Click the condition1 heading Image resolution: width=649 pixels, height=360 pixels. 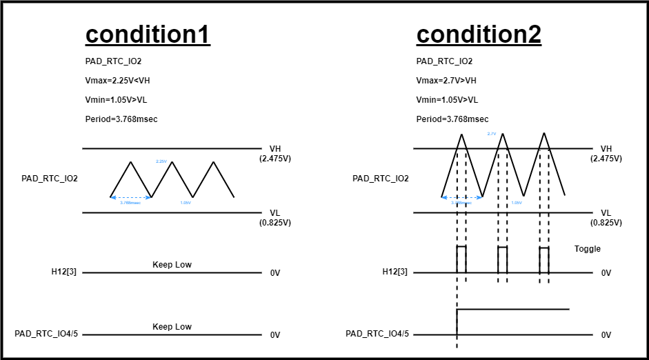point(147,34)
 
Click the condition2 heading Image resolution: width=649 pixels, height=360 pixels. point(479,34)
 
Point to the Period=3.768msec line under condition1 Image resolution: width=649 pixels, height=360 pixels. point(121,119)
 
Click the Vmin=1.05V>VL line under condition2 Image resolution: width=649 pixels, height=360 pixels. point(447,100)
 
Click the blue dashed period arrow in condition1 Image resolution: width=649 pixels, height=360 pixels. point(130,198)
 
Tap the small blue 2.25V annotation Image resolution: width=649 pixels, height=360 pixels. point(161,161)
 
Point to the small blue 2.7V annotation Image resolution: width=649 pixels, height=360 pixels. point(492,133)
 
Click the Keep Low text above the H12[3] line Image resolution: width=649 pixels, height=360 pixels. point(172,265)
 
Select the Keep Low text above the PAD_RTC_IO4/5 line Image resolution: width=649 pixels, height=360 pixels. point(172,327)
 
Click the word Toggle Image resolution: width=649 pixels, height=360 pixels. point(588,249)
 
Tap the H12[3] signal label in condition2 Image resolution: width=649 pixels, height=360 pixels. point(395,272)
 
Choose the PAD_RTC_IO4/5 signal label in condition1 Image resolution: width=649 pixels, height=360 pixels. point(46,334)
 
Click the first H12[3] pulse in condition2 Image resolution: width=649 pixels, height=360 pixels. point(461,259)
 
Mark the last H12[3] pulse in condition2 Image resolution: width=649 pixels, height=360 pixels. point(544,259)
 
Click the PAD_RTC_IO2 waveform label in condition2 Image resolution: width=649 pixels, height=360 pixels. point(380,179)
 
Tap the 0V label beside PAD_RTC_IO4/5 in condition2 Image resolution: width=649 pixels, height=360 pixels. point(606,335)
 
